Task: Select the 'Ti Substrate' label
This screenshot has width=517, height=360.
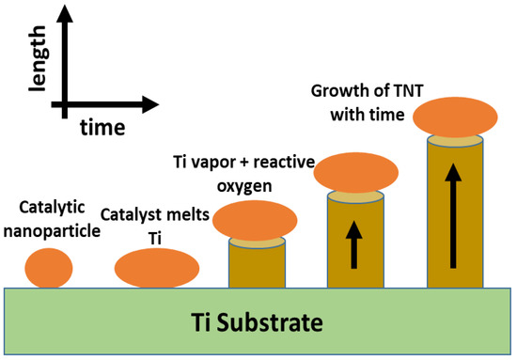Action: (x=258, y=323)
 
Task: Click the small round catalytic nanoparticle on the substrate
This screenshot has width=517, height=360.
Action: (x=48, y=267)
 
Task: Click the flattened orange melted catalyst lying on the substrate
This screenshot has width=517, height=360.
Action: (x=156, y=268)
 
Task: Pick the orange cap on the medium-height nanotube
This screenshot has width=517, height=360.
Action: (x=355, y=172)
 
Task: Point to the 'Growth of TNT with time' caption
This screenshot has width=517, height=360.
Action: (x=368, y=103)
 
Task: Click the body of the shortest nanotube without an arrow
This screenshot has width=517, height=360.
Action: (x=257, y=268)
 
